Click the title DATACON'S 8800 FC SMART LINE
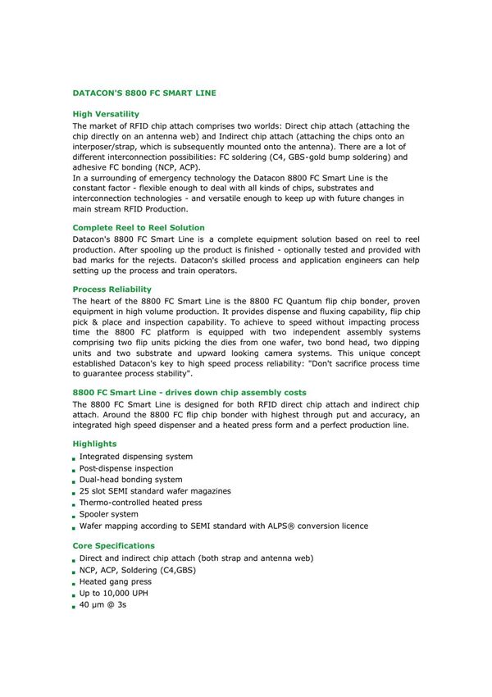(144, 93)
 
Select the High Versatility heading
(106, 114)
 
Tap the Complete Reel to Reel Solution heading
(139, 227)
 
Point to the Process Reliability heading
(112, 289)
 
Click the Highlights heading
(94, 444)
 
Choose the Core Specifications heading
(113, 545)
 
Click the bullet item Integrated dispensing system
(136, 457)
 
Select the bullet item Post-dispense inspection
(126, 468)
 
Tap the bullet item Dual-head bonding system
(131, 480)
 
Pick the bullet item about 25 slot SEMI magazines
(155, 491)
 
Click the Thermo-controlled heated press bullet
(140, 503)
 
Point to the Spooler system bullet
(109, 514)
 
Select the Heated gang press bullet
(116, 581)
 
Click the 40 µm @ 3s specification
(102, 604)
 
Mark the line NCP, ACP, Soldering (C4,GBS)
(138, 570)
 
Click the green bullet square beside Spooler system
(74, 516)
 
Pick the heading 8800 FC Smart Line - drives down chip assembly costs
(189, 393)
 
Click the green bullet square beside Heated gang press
(74, 583)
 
